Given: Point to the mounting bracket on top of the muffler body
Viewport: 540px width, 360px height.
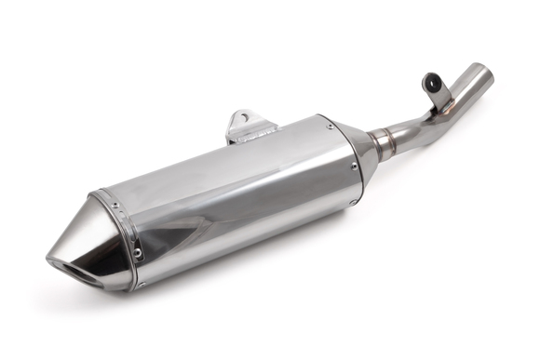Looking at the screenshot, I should click(245, 126).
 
